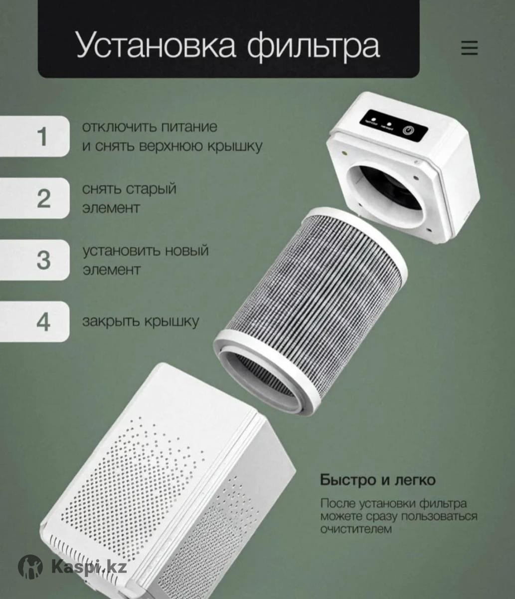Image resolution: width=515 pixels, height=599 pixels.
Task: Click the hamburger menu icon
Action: tap(470, 48)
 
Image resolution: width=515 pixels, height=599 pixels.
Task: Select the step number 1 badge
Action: tap(35, 136)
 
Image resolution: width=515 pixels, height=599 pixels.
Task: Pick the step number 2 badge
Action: tap(35, 198)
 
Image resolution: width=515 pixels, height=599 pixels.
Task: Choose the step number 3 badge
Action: tap(35, 260)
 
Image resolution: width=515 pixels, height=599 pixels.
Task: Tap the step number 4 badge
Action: tap(35, 321)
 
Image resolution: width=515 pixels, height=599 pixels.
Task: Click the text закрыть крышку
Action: tap(141, 321)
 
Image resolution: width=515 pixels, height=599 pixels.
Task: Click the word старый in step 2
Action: tap(152, 190)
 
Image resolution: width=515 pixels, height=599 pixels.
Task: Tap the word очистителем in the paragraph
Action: tap(356, 529)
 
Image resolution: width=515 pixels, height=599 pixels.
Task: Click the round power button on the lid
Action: tap(407, 130)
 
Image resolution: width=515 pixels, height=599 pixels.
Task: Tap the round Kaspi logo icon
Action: tap(30, 566)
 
